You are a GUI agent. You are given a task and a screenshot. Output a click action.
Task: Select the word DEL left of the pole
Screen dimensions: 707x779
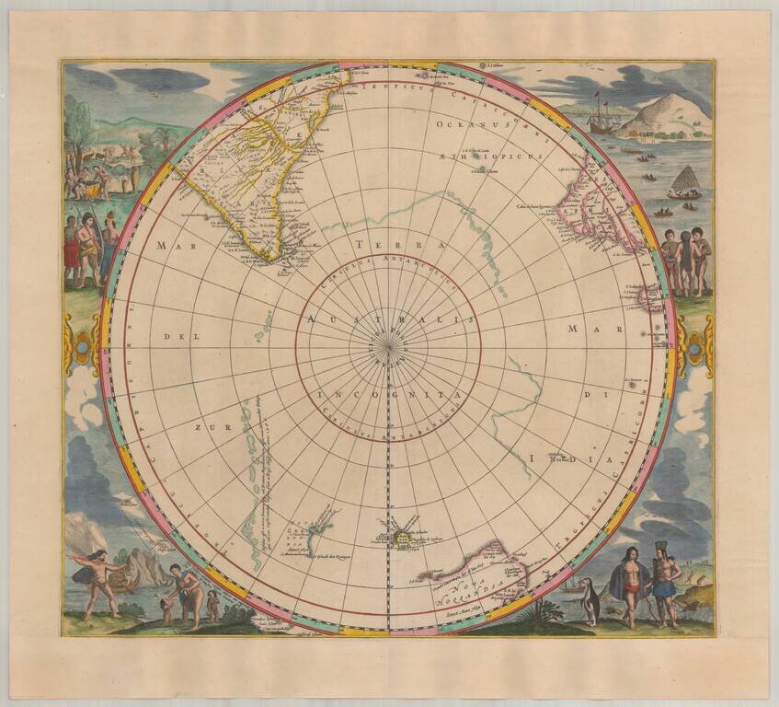(175, 337)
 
